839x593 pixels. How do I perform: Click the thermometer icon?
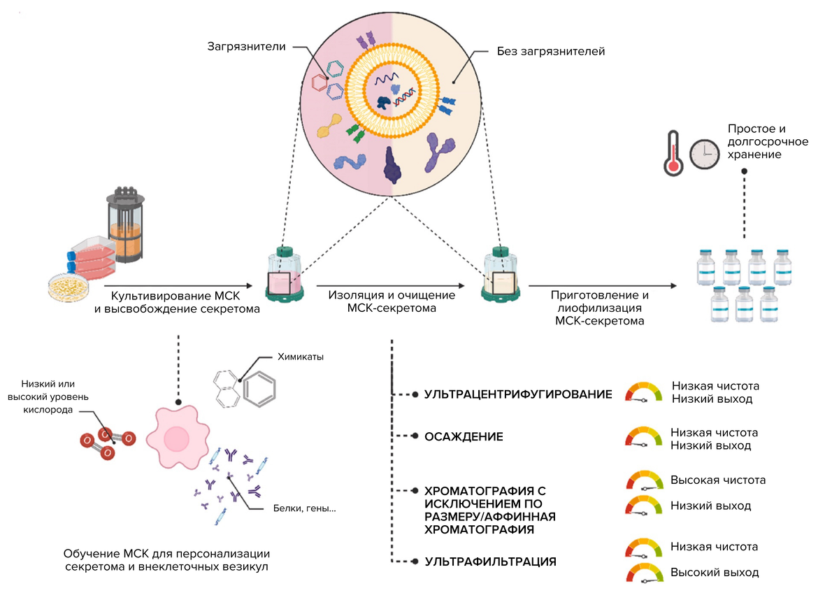pos(673,152)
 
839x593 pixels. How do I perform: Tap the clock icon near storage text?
pos(704,154)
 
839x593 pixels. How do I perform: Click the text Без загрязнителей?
pos(550,51)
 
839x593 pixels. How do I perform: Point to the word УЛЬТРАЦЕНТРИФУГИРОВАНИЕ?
pos(518,394)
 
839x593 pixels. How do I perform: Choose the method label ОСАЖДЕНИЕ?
pos(464,437)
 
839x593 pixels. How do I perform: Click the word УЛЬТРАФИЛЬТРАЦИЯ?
pos(491,561)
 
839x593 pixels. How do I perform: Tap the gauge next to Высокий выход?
pos(645,573)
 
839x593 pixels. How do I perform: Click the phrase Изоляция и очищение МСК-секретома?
pos(392,301)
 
